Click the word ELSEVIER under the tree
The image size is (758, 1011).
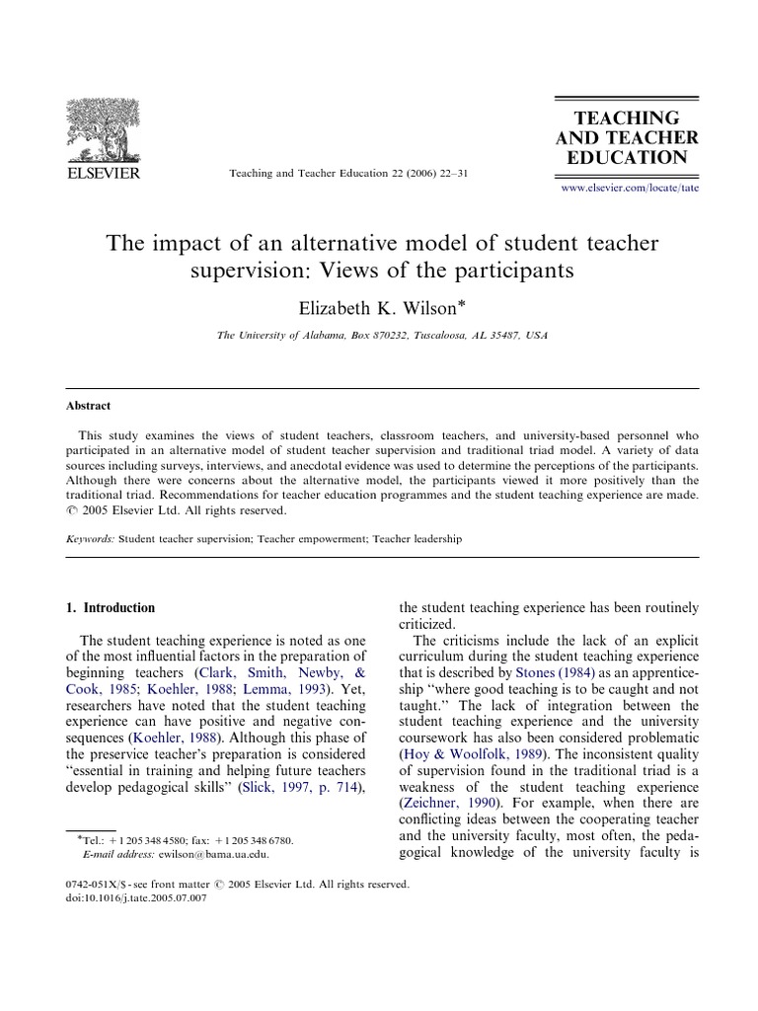pyautogui.click(x=103, y=175)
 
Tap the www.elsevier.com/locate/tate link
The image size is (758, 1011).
pyautogui.click(x=629, y=187)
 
